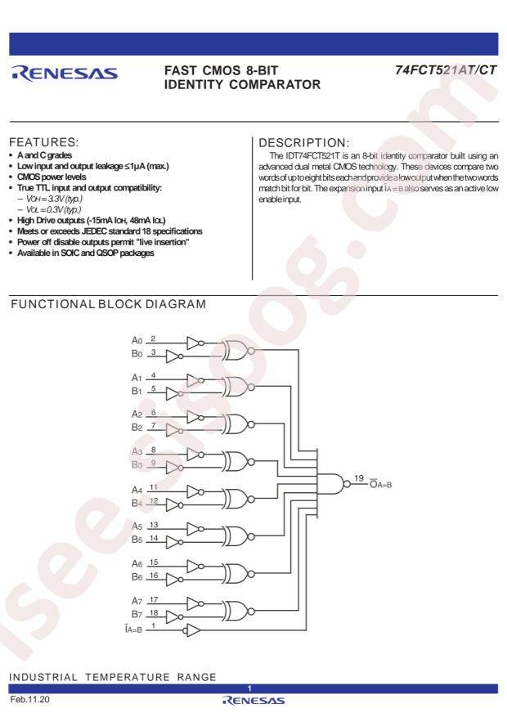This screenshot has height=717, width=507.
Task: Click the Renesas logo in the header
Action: (65, 74)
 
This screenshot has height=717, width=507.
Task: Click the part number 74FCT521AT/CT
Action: (446, 70)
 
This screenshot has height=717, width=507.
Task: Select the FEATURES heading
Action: (44, 141)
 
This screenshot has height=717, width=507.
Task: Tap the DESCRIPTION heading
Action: (304, 143)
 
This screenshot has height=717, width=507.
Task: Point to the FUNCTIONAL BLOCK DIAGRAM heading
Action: (108, 304)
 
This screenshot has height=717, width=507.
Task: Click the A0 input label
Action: (137, 340)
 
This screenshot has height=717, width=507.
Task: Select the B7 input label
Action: (137, 614)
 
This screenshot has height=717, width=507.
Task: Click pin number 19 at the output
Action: (359, 478)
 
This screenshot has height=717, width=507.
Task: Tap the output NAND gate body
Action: (331, 484)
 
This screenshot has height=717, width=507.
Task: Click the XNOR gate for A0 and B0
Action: (238, 351)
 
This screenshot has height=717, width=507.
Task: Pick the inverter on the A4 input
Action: (195, 492)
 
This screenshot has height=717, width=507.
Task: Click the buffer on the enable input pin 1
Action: (192, 630)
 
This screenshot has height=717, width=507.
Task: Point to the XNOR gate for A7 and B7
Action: (238, 611)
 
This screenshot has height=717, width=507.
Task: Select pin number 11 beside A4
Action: (154, 487)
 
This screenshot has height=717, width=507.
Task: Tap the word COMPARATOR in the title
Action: (275, 84)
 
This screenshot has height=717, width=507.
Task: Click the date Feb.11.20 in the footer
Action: (29, 700)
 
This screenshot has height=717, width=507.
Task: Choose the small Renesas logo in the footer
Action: (253, 701)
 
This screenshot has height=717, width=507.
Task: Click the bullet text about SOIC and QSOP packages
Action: (86, 253)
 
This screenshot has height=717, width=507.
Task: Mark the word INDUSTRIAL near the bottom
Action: (43, 677)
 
